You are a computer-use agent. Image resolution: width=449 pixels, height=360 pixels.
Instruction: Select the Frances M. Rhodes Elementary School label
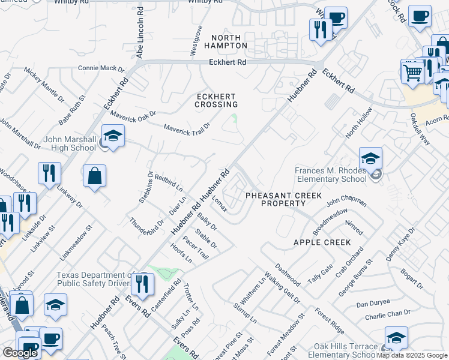(x=330, y=175)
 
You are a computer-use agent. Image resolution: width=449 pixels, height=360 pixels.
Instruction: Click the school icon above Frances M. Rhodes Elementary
(x=371, y=160)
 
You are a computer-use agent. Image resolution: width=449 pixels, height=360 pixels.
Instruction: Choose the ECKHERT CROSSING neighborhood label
(x=216, y=100)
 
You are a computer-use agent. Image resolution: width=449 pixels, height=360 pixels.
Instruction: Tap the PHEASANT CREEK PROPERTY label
(x=283, y=200)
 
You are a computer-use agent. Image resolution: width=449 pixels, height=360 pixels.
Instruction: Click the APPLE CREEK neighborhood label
(x=322, y=242)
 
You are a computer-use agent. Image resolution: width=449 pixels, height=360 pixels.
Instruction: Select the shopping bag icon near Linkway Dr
(x=95, y=177)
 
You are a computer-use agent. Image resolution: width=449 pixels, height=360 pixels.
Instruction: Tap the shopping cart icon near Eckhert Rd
(x=412, y=73)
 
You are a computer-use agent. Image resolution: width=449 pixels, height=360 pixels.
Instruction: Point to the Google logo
(x=20, y=353)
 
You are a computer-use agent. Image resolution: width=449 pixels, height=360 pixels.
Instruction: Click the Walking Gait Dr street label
(x=282, y=286)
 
